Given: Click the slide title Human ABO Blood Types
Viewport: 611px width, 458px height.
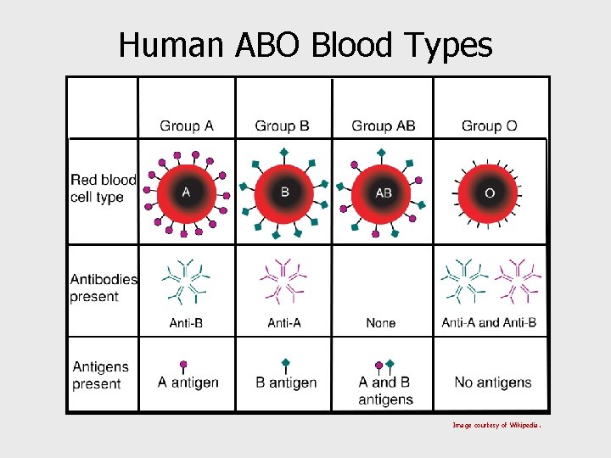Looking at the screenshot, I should click(305, 44).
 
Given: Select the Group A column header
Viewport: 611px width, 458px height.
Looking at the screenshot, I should click(187, 126).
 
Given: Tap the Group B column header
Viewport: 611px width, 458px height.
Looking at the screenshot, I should click(282, 126).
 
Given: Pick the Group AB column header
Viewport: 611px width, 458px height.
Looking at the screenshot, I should click(384, 126).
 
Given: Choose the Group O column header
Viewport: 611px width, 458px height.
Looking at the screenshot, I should click(489, 126).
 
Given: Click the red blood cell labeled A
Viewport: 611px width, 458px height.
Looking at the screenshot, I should click(186, 193).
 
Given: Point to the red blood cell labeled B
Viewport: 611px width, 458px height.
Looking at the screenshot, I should click(285, 193).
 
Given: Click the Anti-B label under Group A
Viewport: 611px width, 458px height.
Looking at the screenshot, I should click(186, 323).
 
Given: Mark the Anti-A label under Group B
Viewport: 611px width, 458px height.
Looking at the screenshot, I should click(284, 323).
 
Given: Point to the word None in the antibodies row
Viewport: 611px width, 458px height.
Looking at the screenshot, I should click(381, 323).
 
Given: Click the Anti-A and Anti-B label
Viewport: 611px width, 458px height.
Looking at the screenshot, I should click(489, 323).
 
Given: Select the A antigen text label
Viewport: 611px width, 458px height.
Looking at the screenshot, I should click(188, 383).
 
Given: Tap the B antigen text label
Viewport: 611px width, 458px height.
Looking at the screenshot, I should click(286, 383).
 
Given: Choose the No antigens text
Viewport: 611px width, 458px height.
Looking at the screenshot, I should click(493, 383).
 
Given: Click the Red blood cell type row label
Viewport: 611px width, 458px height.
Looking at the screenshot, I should click(103, 188).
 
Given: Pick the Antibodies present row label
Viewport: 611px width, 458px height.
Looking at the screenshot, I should click(104, 288).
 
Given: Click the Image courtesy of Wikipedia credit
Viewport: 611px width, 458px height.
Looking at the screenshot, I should click(496, 425).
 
